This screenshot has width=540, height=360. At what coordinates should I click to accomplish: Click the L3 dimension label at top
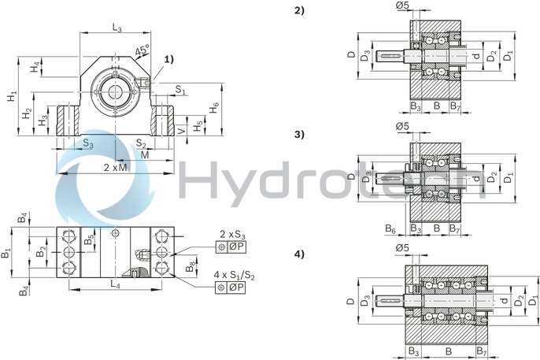point(117,29)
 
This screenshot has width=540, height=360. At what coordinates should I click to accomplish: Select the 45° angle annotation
point(143,51)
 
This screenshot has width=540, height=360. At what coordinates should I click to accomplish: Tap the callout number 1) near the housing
point(168,59)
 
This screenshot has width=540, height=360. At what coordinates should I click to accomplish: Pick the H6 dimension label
point(214,107)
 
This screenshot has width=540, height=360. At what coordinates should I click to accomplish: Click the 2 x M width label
point(116,169)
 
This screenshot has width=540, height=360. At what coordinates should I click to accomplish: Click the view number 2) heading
point(298,10)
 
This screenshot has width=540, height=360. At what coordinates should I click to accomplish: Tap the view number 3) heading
point(298,133)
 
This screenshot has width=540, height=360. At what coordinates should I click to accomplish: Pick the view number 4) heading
point(298,254)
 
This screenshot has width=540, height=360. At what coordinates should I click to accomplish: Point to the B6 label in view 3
point(391,228)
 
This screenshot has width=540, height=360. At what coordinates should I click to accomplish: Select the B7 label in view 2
point(455,105)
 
